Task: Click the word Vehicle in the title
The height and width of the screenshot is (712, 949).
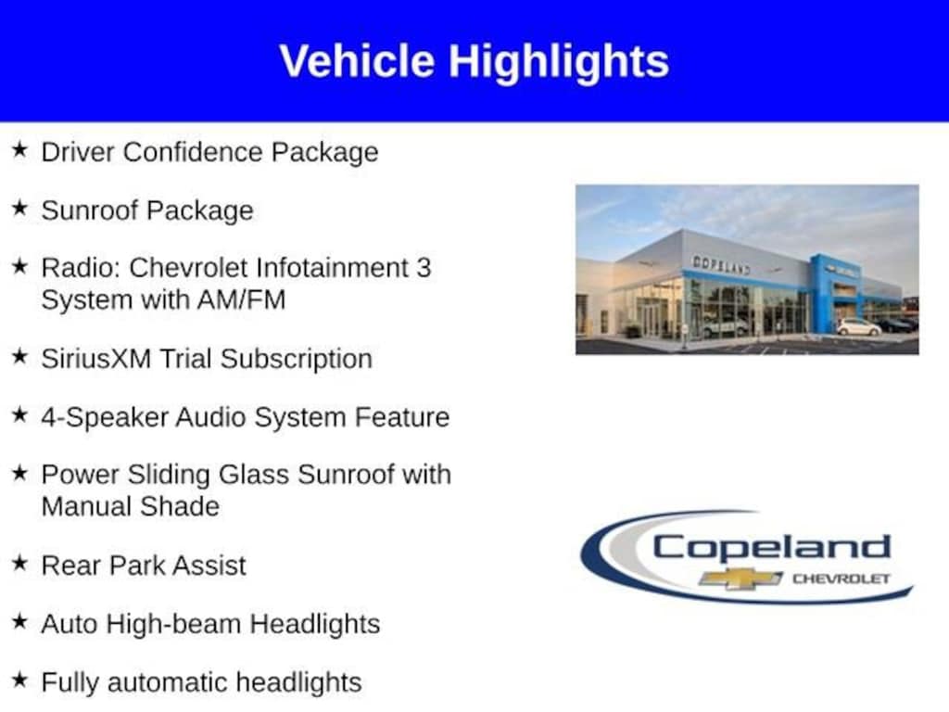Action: point(357,61)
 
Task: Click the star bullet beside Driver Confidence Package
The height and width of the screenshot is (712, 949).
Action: point(19,149)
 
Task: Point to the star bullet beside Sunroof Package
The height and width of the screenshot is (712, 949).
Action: point(19,209)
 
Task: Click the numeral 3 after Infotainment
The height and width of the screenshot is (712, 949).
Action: point(424,268)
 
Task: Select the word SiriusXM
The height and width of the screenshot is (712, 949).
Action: point(96,359)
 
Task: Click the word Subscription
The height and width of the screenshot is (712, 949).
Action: point(297,360)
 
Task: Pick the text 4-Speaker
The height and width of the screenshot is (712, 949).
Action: point(105,418)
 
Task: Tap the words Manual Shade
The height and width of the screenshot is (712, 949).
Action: point(131,507)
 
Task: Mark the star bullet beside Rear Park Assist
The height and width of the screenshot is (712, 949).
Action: point(19,563)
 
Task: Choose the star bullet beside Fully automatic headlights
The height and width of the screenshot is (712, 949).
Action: point(19,680)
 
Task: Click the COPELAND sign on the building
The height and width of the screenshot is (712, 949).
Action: point(721,265)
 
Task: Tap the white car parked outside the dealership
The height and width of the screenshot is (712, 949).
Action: point(858,327)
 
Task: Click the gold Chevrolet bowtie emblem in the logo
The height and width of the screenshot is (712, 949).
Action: point(740,578)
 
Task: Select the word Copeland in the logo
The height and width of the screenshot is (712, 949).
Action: point(772,547)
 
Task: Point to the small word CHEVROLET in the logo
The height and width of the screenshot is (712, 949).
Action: point(841,578)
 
